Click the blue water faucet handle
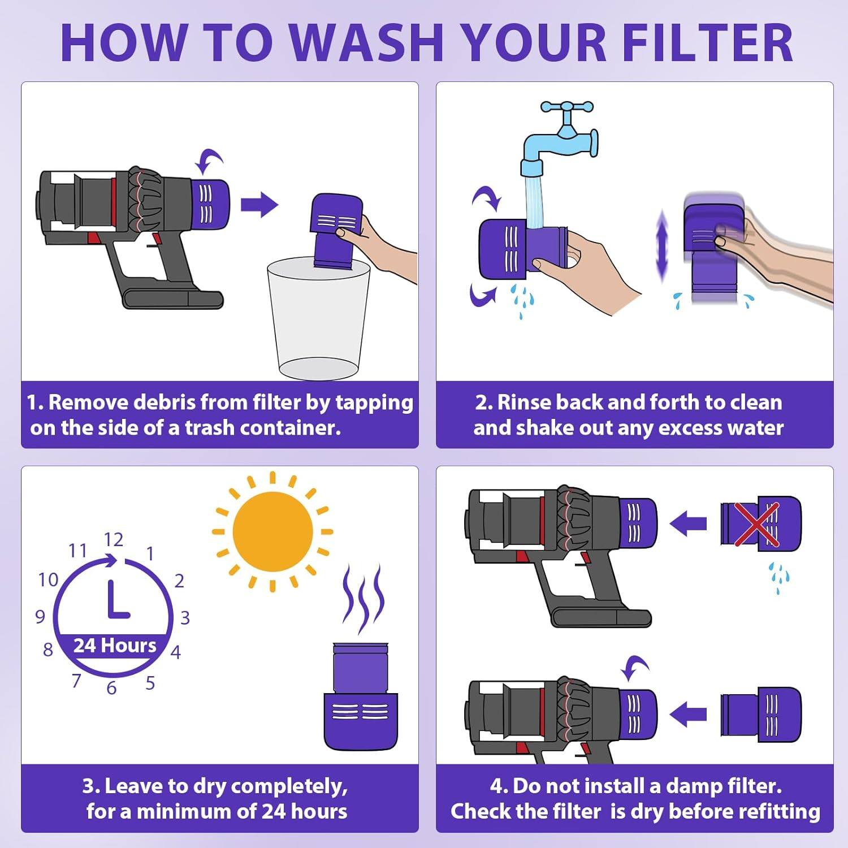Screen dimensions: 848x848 [x=566, y=107]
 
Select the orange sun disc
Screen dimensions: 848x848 [x=272, y=531]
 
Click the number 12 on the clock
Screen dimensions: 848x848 [x=113, y=540]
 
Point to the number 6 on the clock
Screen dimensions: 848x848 [x=111, y=688]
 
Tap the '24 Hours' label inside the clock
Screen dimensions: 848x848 [x=115, y=646]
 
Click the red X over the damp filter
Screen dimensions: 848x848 [x=756, y=524]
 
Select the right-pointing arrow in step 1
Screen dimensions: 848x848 [x=259, y=205]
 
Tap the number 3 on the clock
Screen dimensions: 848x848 [x=185, y=618]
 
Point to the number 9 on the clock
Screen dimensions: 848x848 [x=40, y=616]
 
